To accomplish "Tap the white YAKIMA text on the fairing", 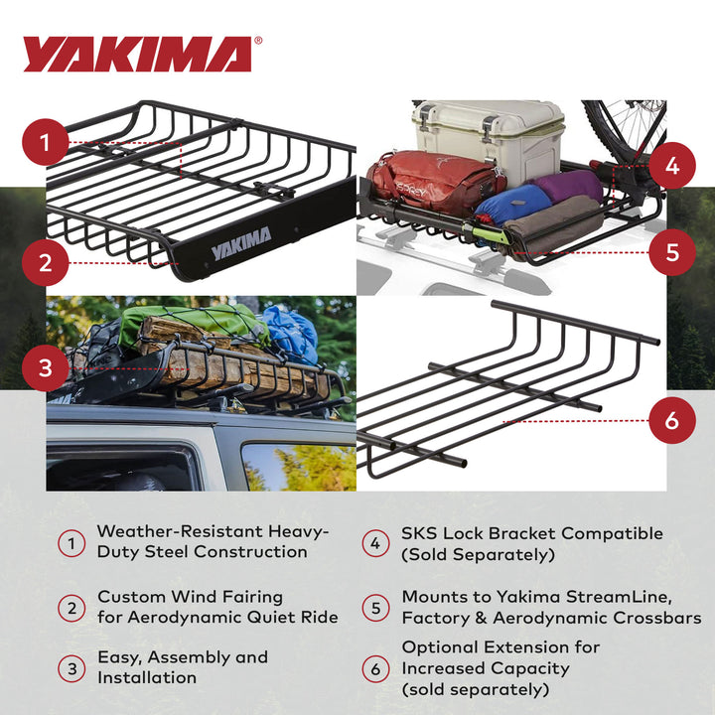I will coord(240,244).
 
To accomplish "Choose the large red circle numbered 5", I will coord(672,252).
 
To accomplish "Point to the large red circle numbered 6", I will coord(672,420).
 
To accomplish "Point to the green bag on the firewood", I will coord(180,324).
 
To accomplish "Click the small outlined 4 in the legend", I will coord(374,543).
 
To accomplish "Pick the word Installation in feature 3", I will coord(147,677).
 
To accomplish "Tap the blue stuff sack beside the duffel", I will coord(512,203).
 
